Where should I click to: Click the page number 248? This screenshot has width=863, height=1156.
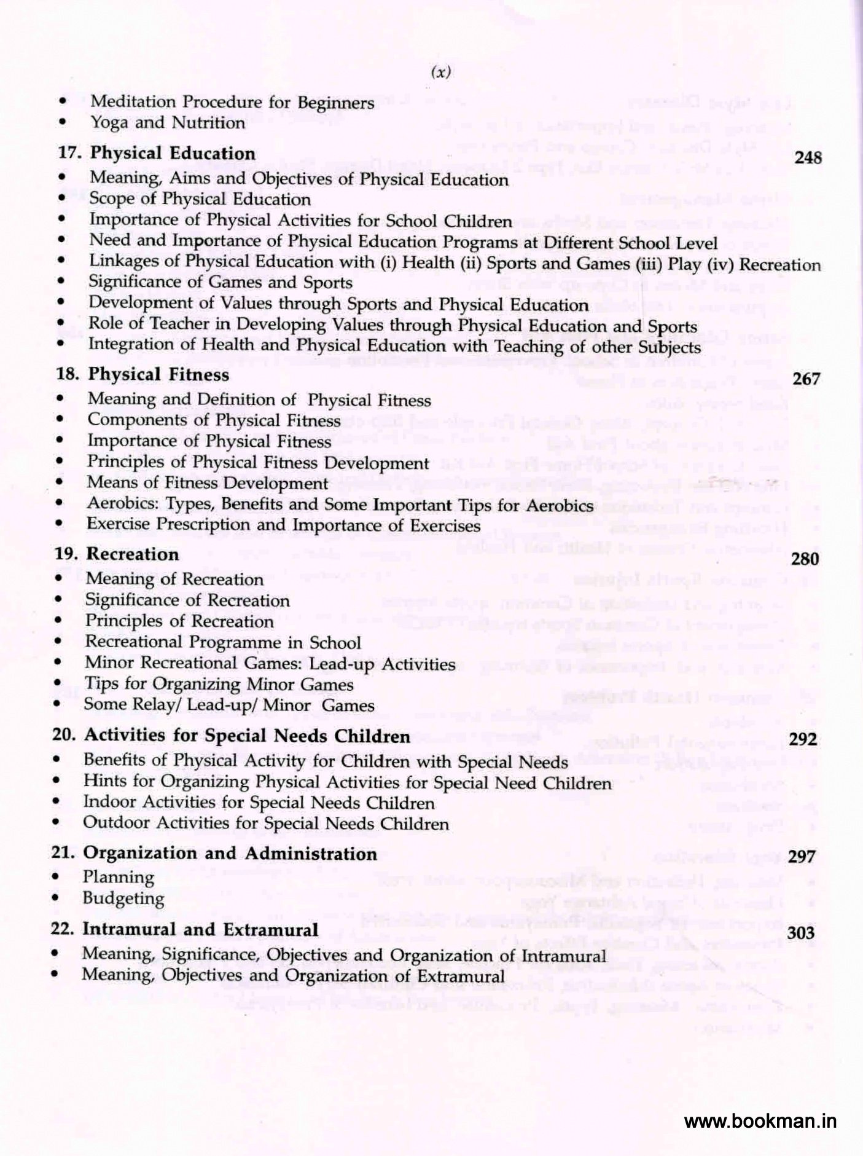(x=808, y=158)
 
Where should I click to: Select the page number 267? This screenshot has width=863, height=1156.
(x=806, y=379)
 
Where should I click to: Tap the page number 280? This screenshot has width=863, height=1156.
(x=805, y=559)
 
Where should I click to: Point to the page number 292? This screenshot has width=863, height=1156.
(x=803, y=739)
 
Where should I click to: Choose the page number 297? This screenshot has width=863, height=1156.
(x=802, y=857)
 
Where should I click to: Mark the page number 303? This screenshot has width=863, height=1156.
(x=800, y=934)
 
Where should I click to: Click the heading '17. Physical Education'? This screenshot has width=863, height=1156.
(x=156, y=154)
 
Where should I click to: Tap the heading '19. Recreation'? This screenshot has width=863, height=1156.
(x=117, y=554)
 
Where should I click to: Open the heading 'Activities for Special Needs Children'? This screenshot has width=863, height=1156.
(x=246, y=736)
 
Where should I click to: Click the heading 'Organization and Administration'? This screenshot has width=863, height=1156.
(x=230, y=854)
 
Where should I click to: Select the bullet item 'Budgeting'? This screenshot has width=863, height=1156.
(x=123, y=898)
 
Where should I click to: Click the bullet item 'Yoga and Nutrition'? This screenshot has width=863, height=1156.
(x=168, y=123)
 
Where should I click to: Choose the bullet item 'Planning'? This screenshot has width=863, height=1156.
(x=119, y=878)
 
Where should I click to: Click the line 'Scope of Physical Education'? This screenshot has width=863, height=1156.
(x=200, y=199)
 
